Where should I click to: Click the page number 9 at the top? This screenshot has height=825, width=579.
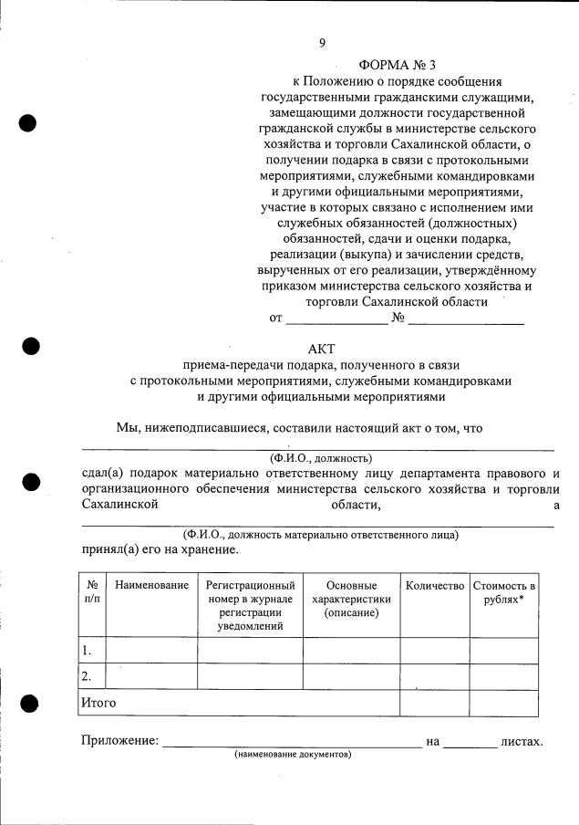tap(322, 42)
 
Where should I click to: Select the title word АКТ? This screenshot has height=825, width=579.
tap(322, 348)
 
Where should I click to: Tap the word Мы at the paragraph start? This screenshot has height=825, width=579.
tap(128, 426)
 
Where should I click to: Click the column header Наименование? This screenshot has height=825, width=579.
tap(151, 585)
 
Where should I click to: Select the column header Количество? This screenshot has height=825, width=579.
tap(435, 585)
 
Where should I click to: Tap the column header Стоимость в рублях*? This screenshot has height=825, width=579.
tap(503, 592)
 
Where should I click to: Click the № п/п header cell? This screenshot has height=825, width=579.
tap(92, 592)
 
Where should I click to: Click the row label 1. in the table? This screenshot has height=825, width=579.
tap(87, 651)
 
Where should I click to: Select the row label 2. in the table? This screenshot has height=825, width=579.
tap(87, 676)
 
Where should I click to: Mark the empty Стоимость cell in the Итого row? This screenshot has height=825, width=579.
tap(503, 703)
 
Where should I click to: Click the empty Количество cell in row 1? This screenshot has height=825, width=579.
tap(435, 651)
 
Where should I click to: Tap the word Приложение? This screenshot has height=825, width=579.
tap(119, 741)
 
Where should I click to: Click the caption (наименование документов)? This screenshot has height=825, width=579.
tap(292, 756)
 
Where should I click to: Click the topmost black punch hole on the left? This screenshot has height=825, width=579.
tap(28, 123)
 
